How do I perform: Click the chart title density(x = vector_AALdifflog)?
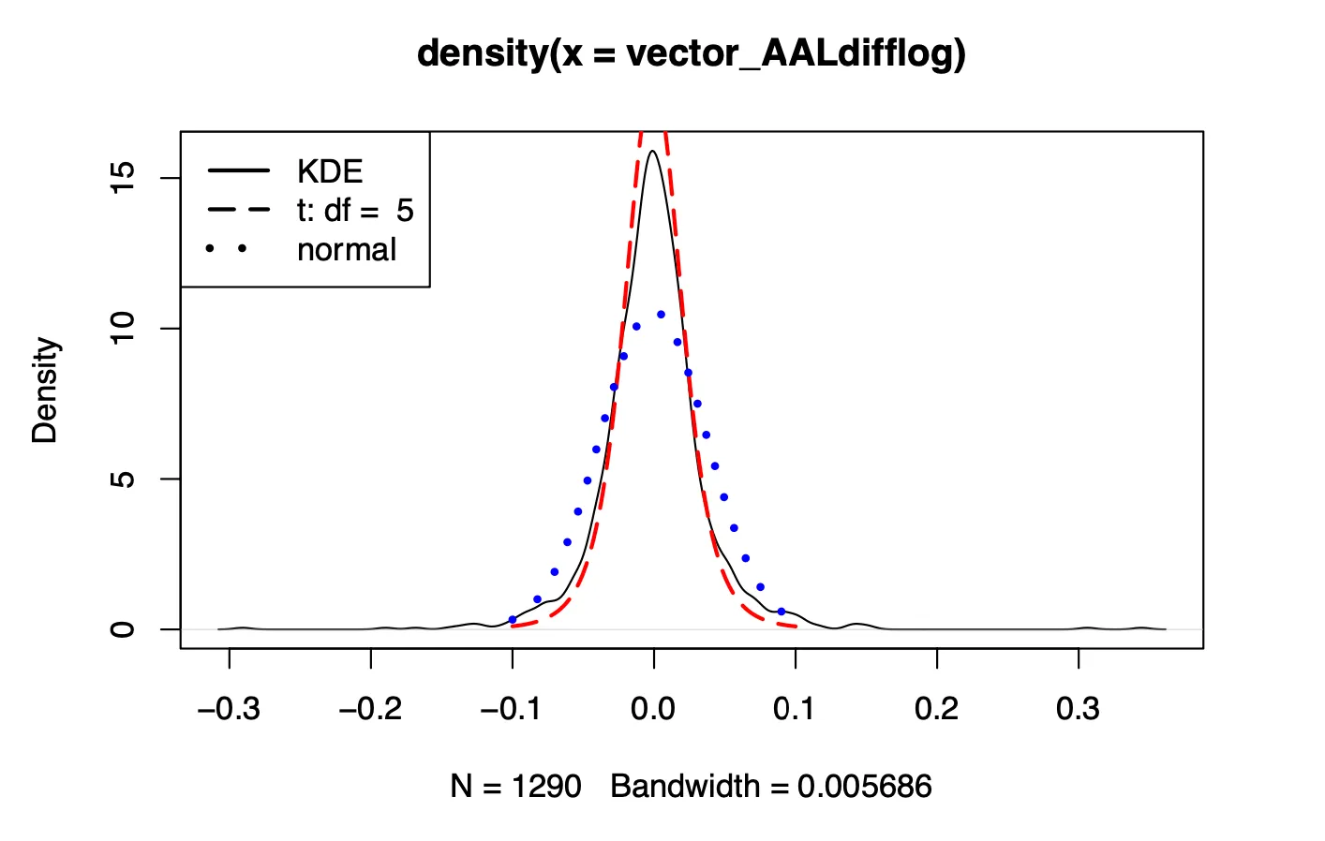691,53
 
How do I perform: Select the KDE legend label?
330,171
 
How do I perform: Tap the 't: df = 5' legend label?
355,211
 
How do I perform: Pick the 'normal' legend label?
347,250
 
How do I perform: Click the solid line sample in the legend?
239,171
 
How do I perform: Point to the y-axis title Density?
45,390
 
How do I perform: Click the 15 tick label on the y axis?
123,178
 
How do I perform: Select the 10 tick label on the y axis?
123,329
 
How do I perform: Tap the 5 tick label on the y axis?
123,480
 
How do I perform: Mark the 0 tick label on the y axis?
123,629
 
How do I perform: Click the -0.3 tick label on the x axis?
229,709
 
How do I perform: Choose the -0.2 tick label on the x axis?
370,709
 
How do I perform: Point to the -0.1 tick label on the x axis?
512,709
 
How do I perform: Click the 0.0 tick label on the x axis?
653,709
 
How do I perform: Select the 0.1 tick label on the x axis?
795,709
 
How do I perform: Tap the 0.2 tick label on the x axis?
936,709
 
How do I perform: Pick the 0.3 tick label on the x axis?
1078,709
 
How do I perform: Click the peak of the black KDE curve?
652,152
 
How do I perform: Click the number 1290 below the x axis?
546,787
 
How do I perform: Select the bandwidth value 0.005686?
864,787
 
